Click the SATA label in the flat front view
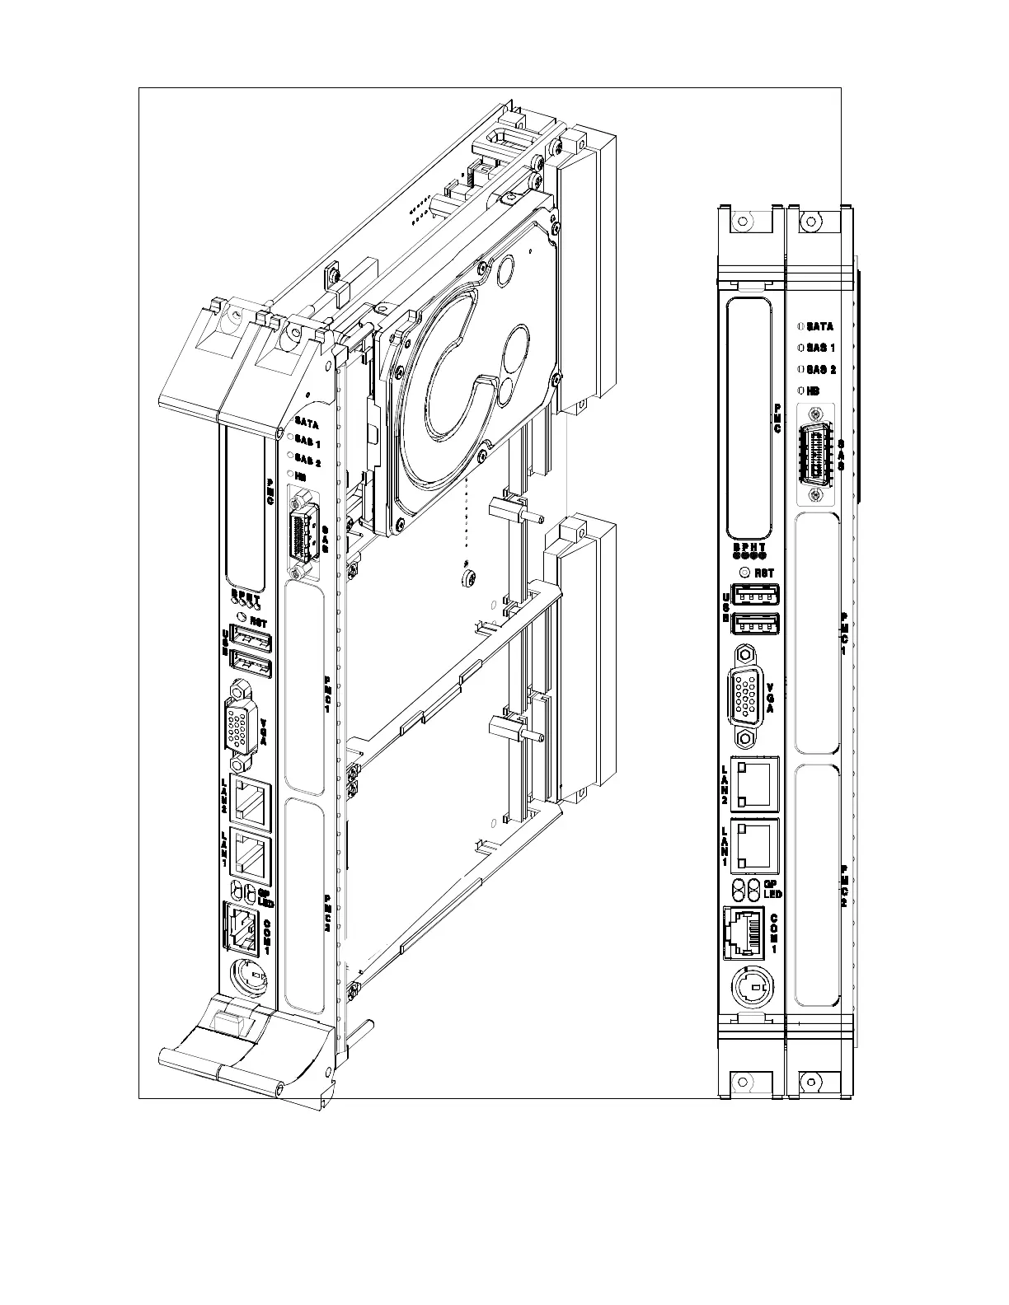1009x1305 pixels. click(819, 326)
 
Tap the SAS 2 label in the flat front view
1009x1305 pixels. click(821, 369)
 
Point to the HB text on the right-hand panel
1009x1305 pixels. click(814, 391)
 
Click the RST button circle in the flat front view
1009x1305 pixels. click(746, 573)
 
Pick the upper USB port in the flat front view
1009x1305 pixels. click(756, 594)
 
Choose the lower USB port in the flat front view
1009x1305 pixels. click(756, 624)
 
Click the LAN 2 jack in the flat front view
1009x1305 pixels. click(755, 783)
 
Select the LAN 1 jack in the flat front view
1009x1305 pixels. click(755, 844)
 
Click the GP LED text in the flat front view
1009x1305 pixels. click(773, 888)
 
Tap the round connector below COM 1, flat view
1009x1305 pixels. click(751, 985)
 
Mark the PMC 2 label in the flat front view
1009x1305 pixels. click(843, 886)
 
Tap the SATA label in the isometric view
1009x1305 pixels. click(307, 422)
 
